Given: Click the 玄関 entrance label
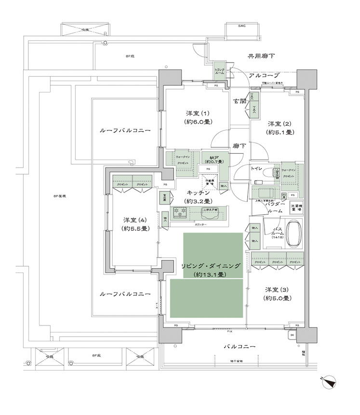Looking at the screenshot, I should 240,102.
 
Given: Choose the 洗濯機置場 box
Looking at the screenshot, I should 296,208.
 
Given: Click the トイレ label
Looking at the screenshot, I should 256,169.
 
